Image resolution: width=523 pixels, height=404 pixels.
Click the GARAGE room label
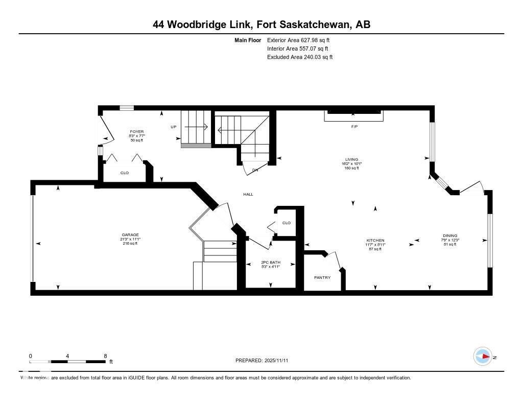click(x=129, y=235)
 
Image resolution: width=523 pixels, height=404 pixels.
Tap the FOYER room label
click(x=136, y=132)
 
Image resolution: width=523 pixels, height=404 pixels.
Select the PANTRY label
click(x=322, y=277)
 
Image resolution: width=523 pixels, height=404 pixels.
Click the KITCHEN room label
click(x=375, y=241)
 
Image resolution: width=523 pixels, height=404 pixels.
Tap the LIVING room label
click(x=351, y=159)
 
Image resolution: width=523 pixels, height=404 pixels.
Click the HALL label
click(x=248, y=194)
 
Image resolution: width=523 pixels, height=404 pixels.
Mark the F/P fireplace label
click(x=354, y=126)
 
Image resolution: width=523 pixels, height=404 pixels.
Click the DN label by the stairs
click(x=255, y=170)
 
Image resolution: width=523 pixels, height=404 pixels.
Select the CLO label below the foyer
click(x=125, y=173)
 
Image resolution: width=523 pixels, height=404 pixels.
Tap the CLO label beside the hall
click(x=287, y=223)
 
